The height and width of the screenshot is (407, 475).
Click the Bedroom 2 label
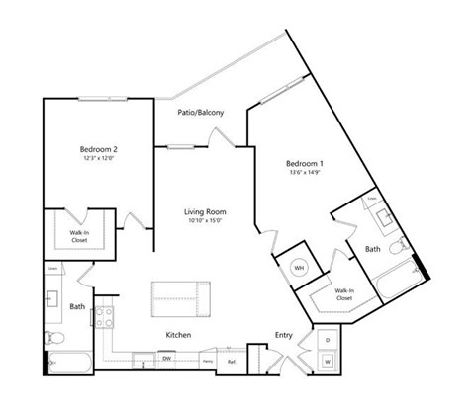tap(99, 149)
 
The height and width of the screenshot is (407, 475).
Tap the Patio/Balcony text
tap(200, 113)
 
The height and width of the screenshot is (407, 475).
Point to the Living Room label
tap(205, 211)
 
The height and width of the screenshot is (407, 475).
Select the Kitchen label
tap(177, 336)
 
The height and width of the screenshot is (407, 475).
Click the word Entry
tap(283, 336)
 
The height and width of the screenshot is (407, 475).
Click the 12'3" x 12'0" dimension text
tap(99, 160)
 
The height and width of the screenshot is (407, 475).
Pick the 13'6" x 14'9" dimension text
tap(305, 172)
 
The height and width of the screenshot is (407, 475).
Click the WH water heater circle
tap(299, 267)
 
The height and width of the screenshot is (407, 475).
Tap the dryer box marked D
tap(328, 340)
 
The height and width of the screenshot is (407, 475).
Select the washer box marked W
tap(328, 363)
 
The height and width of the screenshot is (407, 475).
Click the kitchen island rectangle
tap(180, 295)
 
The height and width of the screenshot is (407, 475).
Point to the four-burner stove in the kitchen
tap(105, 318)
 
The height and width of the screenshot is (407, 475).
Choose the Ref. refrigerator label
tap(231, 362)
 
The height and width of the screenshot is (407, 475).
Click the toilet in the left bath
tap(55, 339)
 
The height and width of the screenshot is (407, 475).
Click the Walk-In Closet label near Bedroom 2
tap(78, 236)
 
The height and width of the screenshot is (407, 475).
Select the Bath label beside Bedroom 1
tap(372, 250)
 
